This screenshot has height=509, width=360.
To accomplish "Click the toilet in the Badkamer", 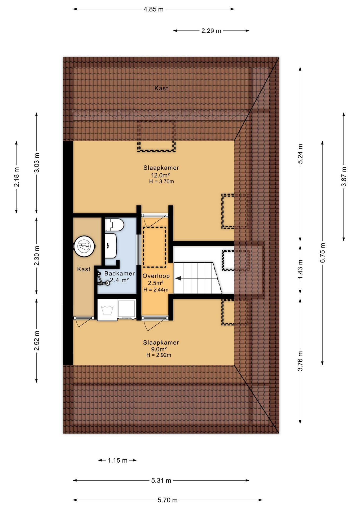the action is click(114, 225).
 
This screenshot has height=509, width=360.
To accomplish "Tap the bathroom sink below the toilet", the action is click(111, 246).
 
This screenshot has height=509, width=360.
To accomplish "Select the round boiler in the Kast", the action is click(84, 246).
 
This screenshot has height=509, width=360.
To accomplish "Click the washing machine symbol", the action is click(107, 310).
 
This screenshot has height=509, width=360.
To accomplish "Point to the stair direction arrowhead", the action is click(178, 278).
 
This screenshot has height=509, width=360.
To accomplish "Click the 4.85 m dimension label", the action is click(153, 10).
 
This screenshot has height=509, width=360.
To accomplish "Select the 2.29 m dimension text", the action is click(211, 31).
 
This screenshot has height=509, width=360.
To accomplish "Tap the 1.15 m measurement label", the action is click(117, 460).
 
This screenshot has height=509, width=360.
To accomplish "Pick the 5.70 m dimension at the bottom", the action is click(168, 500).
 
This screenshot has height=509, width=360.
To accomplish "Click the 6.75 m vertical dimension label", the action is click(322, 253).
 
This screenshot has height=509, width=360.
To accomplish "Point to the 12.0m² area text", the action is click(160, 175).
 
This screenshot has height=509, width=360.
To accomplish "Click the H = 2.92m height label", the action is click(159, 355).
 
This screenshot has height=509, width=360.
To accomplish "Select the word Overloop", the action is click(156, 276).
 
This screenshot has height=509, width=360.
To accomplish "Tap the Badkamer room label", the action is click(120, 273).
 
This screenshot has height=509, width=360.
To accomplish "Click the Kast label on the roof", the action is click(161, 88).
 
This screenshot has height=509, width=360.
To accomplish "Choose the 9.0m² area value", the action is click(159, 349).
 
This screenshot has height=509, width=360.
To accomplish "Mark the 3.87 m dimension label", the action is click(344, 177).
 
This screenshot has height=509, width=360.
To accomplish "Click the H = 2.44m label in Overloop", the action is click(156, 290).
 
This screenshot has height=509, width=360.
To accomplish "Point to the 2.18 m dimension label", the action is click(16, 177).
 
